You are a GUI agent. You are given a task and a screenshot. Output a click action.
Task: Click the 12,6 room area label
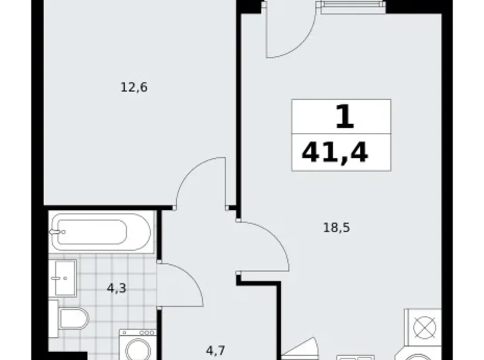pos(134,88)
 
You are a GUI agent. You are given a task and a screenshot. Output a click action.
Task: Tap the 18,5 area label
pos(336,228)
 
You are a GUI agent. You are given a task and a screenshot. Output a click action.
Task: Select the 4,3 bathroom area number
pos(117,289)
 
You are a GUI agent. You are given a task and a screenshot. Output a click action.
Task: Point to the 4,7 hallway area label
pos(215,351)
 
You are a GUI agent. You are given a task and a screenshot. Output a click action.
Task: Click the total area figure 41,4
pos(335,153)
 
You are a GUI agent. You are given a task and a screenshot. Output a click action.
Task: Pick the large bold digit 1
pos(344,117)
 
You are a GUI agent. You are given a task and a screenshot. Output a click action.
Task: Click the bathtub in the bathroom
pos(101,232)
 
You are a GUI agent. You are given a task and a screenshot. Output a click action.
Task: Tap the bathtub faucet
pos(58,232)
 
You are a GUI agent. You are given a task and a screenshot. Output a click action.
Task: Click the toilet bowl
pos(74,318)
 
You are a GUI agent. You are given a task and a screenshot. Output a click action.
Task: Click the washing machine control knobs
pos(146,333)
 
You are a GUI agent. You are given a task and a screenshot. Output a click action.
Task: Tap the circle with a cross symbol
pos(424,328)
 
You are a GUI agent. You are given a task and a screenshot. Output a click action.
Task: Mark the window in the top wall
pos(353,7)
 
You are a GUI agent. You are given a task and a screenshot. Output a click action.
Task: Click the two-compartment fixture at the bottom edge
pos(356,358)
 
